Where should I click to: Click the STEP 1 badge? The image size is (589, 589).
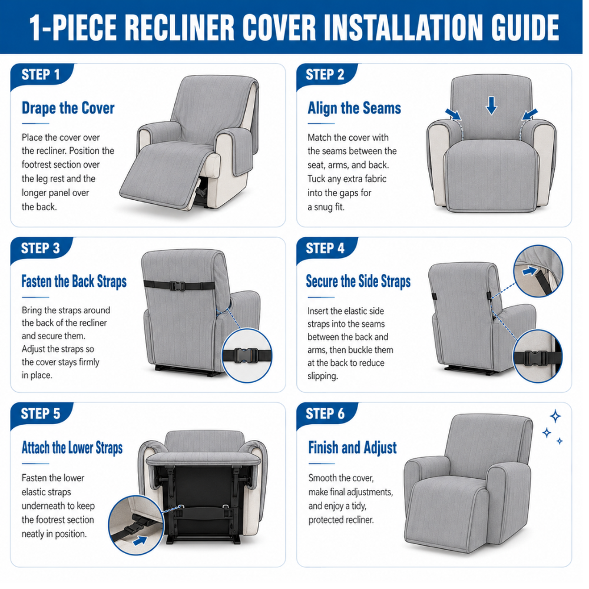coord(41,75)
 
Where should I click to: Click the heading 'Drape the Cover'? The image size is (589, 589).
coord(68,108)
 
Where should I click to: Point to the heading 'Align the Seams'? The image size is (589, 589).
coord(354,108)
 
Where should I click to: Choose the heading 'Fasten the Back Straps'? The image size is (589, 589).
coord(74,282)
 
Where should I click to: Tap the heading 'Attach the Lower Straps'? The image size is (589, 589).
coord(72,448)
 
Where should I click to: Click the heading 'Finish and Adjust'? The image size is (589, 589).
coord(352,448)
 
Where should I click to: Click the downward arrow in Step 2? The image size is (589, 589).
coord(491,105)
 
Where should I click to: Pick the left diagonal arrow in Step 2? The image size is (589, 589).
coord(454,114)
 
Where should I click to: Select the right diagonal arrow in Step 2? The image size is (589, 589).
coord(530,114)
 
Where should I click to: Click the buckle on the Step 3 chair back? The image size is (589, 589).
coord(177,286)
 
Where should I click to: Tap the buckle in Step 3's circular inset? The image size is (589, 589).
coord(246,355)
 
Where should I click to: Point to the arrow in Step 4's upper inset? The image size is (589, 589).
coord(530,271)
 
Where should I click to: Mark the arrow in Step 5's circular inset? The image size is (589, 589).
coord(140,541)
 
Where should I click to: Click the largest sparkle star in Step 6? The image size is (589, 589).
coord(555,416)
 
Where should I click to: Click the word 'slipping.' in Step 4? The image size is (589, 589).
coord(323,376)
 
